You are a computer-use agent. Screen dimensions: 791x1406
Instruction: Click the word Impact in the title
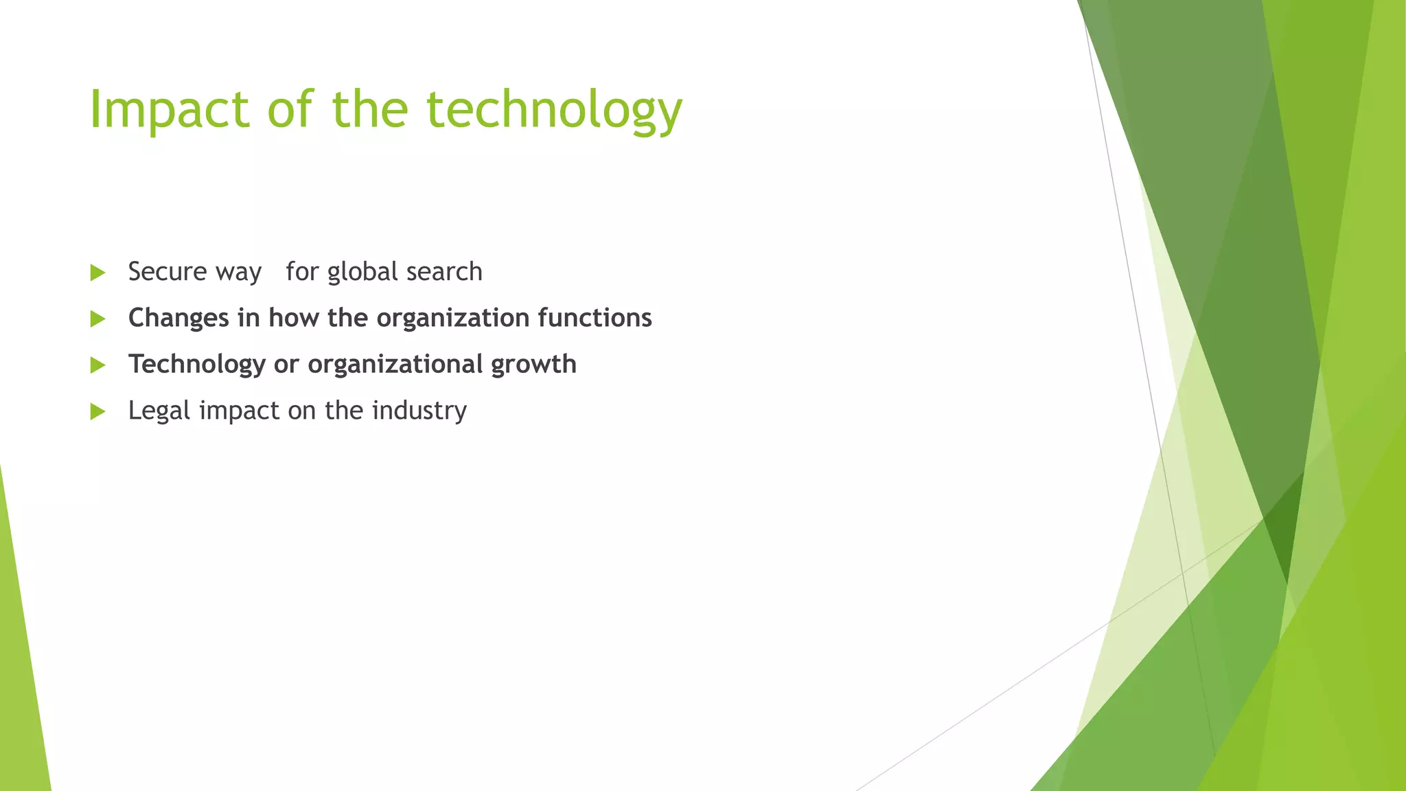pos(169,110)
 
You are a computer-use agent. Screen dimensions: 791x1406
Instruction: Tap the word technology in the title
pos(554,110)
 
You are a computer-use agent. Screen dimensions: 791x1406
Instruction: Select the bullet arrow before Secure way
pos(97,273)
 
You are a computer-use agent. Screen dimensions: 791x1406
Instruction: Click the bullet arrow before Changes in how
pos(97,319)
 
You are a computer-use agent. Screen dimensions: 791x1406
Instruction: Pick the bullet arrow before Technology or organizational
pos(97,365)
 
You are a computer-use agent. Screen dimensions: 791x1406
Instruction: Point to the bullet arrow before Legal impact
pos(97,411)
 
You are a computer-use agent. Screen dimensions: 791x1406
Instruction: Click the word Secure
pos(167,272)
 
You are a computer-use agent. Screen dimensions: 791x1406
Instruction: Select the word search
pos(444,272)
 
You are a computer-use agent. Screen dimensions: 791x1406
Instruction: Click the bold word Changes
pos(178,318)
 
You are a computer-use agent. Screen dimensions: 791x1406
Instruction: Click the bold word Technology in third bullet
pos(196,364)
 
